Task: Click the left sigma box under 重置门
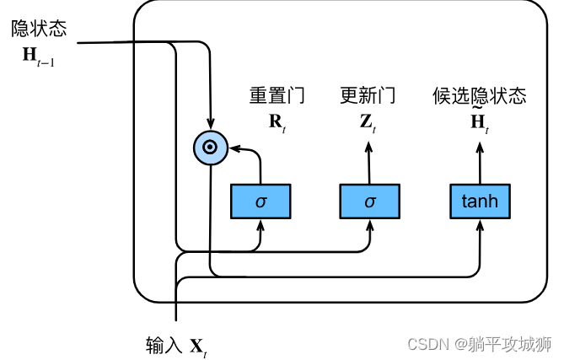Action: coord(261,201)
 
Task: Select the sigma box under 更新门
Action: coord(368,201)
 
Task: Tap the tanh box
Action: coord(480,201)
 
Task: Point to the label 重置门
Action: coord(277,95)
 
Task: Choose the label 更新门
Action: coord(368,95)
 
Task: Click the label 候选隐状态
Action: coord(479,95)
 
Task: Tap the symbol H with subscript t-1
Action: coord(39,56)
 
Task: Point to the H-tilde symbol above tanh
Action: coord(479,121)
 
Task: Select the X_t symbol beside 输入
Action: coord(197,346)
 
